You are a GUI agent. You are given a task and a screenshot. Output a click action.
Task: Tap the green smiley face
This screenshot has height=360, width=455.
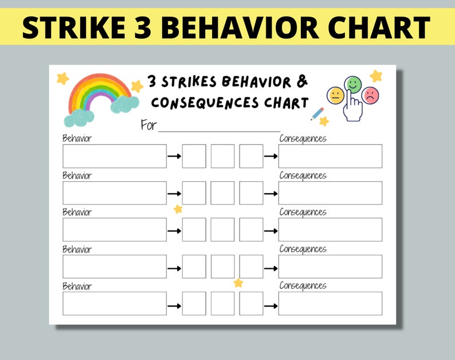(354, 85)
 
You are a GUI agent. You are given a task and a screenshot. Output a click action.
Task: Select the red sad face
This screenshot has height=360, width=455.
(371, 95)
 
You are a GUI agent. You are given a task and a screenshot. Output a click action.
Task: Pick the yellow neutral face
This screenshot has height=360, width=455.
(335, 95)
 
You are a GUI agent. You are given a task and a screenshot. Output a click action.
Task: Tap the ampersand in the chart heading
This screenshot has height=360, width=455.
(302, 81)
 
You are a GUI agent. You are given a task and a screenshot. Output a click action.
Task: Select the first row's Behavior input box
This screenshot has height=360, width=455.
(115, 156)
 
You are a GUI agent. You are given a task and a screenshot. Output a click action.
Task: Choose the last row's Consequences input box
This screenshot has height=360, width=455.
(330, 303)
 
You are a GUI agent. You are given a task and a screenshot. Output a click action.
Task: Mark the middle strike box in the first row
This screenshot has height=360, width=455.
(222, 156)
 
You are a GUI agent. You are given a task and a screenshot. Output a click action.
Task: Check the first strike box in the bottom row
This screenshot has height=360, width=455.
(194, 303)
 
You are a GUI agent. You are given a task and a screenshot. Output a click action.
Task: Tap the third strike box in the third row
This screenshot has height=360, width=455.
(251, 229)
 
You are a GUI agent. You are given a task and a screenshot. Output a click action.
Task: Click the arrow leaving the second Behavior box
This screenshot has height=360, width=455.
(174, 193)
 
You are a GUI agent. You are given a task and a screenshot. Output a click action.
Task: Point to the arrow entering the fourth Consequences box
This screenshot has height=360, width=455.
(270, 267)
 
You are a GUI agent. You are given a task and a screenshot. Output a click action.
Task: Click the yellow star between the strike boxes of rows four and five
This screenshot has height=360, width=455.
(238, 283)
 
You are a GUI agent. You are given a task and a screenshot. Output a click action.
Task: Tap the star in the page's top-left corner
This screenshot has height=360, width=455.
(62, 78)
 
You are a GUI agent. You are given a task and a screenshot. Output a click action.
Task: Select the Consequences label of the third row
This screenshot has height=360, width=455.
(303, 212)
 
